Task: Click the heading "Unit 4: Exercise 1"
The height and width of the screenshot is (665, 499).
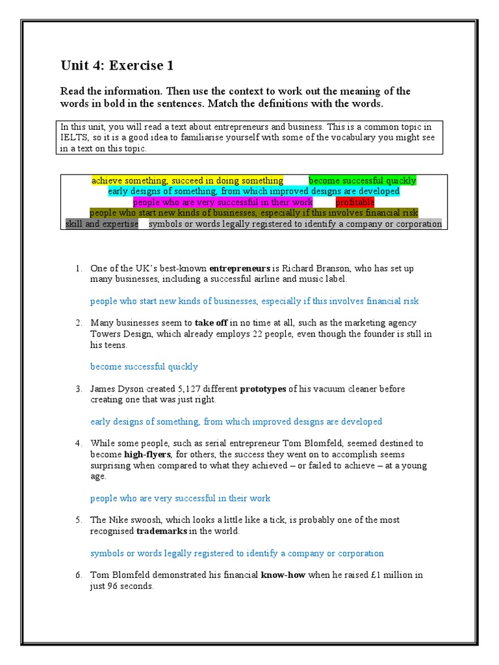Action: pos(117,65)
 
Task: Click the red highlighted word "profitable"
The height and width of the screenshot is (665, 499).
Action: pos(355,202)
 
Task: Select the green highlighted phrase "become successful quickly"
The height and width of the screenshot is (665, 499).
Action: pos(362,181)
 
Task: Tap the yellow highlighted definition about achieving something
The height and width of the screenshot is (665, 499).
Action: pos(187,181)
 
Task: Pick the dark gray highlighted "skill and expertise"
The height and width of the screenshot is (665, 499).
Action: pos(102,224)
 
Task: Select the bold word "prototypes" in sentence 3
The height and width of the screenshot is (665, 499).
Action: pos(262,389)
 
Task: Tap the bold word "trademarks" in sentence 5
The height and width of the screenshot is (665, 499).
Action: pos(162,531)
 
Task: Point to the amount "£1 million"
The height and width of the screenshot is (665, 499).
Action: pos(372,575)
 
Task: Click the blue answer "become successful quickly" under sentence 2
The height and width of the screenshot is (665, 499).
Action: pos(144,366)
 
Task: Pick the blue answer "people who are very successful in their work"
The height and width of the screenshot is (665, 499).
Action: pos(180,498)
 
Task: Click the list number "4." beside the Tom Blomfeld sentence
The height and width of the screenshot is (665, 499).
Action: pos(78,444)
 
